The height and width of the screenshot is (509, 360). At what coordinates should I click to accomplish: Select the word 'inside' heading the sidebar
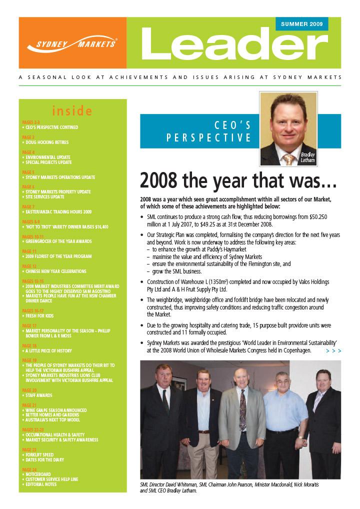tap(72, 111)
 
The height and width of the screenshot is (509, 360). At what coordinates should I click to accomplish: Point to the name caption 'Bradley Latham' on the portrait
tap(307, 157)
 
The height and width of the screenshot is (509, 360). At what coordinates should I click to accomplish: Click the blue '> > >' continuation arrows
tap(333, 351)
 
